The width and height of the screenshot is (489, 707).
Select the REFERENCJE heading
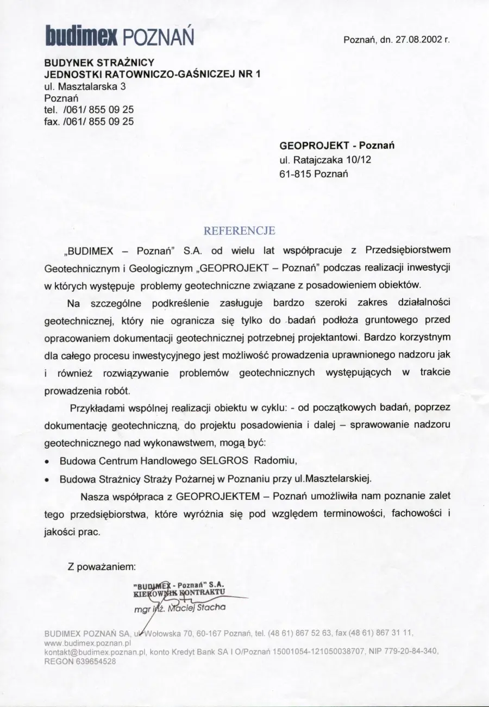click(x=239, y=230)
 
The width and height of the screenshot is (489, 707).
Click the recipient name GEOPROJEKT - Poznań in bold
click(x=337, y=146)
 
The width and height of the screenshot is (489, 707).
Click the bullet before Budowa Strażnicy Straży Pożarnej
click(x=48, y=479)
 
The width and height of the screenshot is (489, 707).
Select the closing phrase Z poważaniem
click(x=101, y=567)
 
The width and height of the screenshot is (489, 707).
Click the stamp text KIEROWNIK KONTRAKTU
click(x=179, y=595)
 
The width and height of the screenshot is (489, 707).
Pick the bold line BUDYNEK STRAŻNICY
click(x=99, y=62)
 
